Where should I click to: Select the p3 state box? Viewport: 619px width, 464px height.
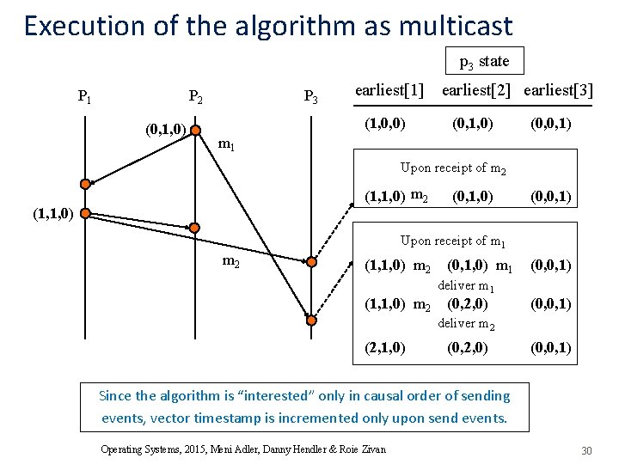484,61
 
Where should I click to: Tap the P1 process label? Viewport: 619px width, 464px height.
85,96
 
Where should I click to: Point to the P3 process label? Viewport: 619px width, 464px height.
310,96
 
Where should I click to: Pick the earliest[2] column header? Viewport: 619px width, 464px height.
477,90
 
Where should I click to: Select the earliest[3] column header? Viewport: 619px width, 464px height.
558,90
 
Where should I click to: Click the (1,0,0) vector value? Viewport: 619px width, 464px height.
384,123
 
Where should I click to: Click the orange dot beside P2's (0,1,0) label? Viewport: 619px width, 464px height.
196,131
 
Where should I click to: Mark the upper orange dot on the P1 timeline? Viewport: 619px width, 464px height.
85,183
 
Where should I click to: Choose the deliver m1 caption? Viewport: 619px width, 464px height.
467,285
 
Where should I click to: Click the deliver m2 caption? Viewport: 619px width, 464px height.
467,323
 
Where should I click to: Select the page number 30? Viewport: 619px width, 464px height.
588,451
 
